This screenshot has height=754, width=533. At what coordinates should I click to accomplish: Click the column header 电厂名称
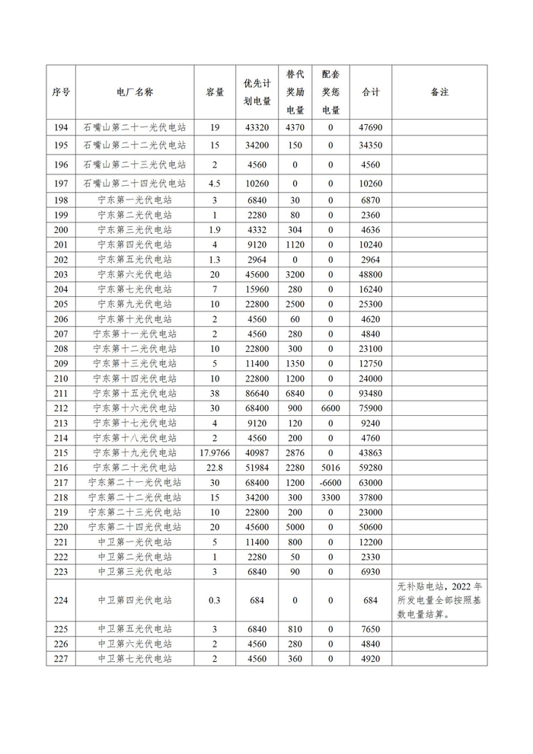point(135,92)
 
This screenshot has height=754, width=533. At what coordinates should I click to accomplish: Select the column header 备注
point(439,92)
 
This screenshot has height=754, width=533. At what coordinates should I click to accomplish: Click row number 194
point(61,127)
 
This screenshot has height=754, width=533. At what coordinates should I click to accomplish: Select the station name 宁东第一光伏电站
point(135,200)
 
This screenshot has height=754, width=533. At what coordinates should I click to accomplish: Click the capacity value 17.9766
point(215,452)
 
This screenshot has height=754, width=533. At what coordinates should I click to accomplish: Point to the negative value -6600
point(330,482)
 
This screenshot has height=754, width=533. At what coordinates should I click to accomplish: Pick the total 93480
point(370,393)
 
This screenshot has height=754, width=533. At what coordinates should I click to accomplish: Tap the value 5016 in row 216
point(330,468)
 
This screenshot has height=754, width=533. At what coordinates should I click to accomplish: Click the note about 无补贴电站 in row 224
point(439,600)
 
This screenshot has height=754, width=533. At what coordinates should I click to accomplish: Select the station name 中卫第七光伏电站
point(135,659)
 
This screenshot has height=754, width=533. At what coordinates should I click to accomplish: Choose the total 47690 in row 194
point(370,127)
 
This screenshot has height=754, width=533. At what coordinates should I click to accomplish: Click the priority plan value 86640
point(257,393)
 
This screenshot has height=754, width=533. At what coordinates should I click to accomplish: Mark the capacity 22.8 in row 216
point(215,468)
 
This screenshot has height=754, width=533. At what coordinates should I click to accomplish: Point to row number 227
point(61,659)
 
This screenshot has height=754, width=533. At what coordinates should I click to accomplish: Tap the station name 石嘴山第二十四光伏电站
point(135,184)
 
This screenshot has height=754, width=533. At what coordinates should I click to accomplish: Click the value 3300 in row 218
point(330,497)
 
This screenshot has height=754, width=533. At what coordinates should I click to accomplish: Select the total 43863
point(370,452)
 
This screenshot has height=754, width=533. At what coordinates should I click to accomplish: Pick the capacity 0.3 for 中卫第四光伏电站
point(215,600)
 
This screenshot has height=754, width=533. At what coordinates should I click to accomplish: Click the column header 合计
point(370,92)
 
